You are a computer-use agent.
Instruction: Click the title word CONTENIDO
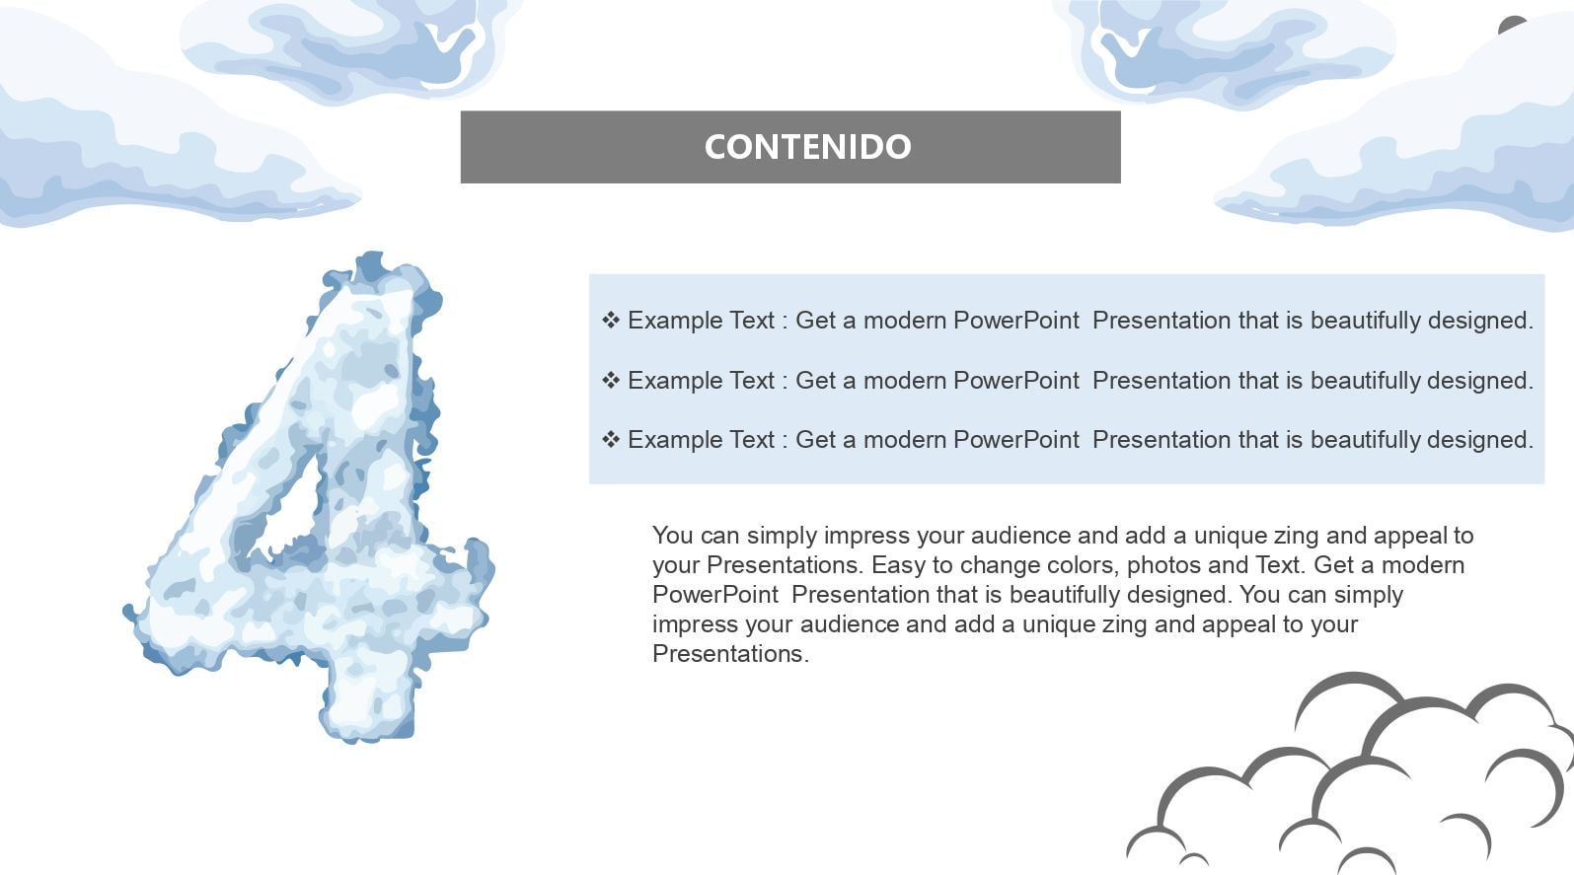(x=807, y=147)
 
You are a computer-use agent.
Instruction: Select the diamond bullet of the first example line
(x=611, y=321)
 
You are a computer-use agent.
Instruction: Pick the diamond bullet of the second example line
(x=611, y=380)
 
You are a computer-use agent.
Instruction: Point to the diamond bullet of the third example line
(x=611, y=440)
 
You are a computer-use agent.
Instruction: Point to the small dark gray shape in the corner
(x=1511, y=26)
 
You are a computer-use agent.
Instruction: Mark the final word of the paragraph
(x=731, y=654)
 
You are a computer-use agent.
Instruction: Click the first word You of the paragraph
(x=672, y=536)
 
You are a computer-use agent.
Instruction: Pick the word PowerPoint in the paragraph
(x=715, y=595)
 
